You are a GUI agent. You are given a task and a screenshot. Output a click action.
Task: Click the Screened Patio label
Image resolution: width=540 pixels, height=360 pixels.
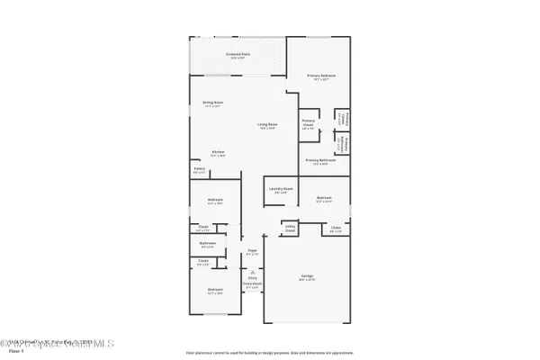pyautogui.click(x=238, y=55)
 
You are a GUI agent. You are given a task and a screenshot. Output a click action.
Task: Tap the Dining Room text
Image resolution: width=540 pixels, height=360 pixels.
pyautogui.click(x=212, y=105)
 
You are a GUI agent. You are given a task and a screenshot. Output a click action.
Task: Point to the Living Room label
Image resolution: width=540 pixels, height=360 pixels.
pyautogui.click(x=267, y=126)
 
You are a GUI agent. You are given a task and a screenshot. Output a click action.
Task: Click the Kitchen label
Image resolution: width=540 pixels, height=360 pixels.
pyautogui.click(x=218, y=153)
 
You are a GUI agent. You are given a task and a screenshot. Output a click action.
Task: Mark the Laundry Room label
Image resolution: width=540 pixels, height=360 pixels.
pyautogui.click(x=278, y=190)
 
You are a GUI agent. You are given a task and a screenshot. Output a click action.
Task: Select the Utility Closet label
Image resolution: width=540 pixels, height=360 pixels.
pyautogui.click(x=290, y=230)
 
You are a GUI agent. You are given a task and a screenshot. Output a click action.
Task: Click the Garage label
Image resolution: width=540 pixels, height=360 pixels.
pyautogui.click(x=307, y=276)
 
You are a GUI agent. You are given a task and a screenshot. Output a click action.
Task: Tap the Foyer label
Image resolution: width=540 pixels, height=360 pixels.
pyautogui.click(x=252, y=253)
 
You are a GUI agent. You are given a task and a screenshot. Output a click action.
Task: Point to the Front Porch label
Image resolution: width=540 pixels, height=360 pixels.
pyautogui.click(x=252, y=286)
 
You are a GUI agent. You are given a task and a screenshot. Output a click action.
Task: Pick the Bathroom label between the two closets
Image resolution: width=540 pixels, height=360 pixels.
pyautogui.click(x=208, y=244)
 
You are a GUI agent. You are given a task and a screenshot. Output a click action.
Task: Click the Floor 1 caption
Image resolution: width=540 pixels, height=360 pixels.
pyautogui.click(x=14, y=351)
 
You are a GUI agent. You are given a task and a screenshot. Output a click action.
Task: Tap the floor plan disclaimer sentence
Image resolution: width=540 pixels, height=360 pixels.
pyautogui.click(x=270, y=352)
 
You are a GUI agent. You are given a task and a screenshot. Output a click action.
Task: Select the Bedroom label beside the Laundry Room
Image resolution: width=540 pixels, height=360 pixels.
pyautogui.click(x=324, y=200)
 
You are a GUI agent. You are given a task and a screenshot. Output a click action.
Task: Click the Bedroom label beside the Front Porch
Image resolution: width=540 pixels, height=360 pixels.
pyautogui.click(x=215, y=291)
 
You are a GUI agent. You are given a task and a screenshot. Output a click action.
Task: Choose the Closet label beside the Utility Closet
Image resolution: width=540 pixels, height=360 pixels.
pyautogui.click(x=336, y=229)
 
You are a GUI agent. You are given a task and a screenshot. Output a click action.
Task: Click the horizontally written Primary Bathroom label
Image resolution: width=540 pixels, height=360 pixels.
pyautogui.click(x=321, y=162)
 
